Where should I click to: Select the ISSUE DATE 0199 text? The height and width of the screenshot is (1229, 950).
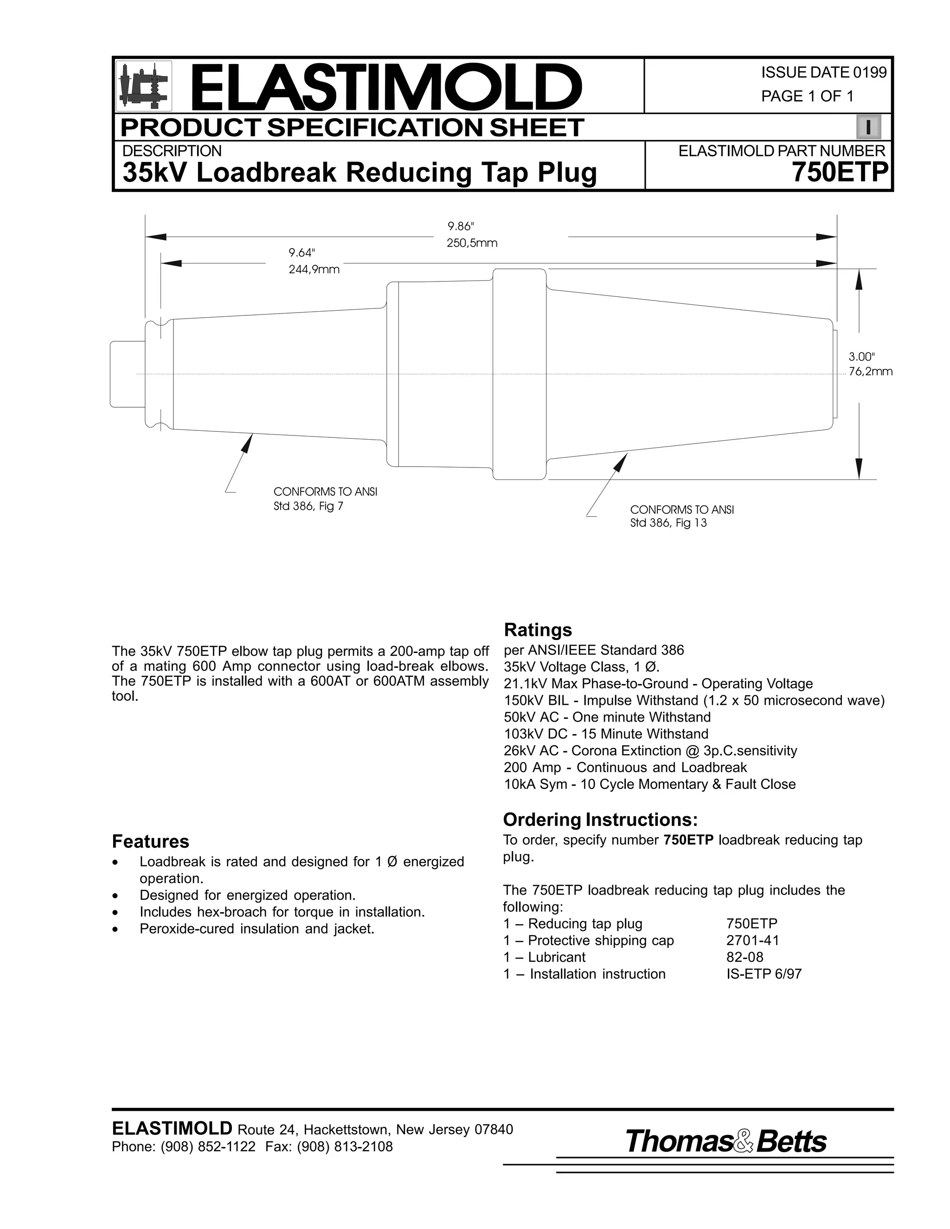tap(823, 73)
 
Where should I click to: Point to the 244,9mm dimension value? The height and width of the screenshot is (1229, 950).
tap(314, 269)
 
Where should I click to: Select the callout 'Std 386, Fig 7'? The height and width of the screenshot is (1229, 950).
tap(308, 506)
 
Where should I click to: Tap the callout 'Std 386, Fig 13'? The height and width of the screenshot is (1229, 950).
tap(668, 523)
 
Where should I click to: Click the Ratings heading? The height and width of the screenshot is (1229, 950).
tap(538, 629)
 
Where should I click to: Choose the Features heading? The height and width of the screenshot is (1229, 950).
tap(150, 841)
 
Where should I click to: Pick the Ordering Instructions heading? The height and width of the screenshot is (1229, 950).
tap(600, 819)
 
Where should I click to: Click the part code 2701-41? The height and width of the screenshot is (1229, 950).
tap(752, 941)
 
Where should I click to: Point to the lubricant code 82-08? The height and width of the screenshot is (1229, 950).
tap(745, 957)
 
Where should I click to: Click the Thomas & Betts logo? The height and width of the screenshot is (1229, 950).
tap(725, 1141)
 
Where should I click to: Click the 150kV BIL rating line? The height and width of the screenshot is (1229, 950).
tap(694, 701)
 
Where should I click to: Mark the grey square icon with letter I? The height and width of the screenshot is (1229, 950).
tap(868, 127)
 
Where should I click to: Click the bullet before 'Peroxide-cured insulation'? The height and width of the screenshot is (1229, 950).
tap(116, 929)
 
